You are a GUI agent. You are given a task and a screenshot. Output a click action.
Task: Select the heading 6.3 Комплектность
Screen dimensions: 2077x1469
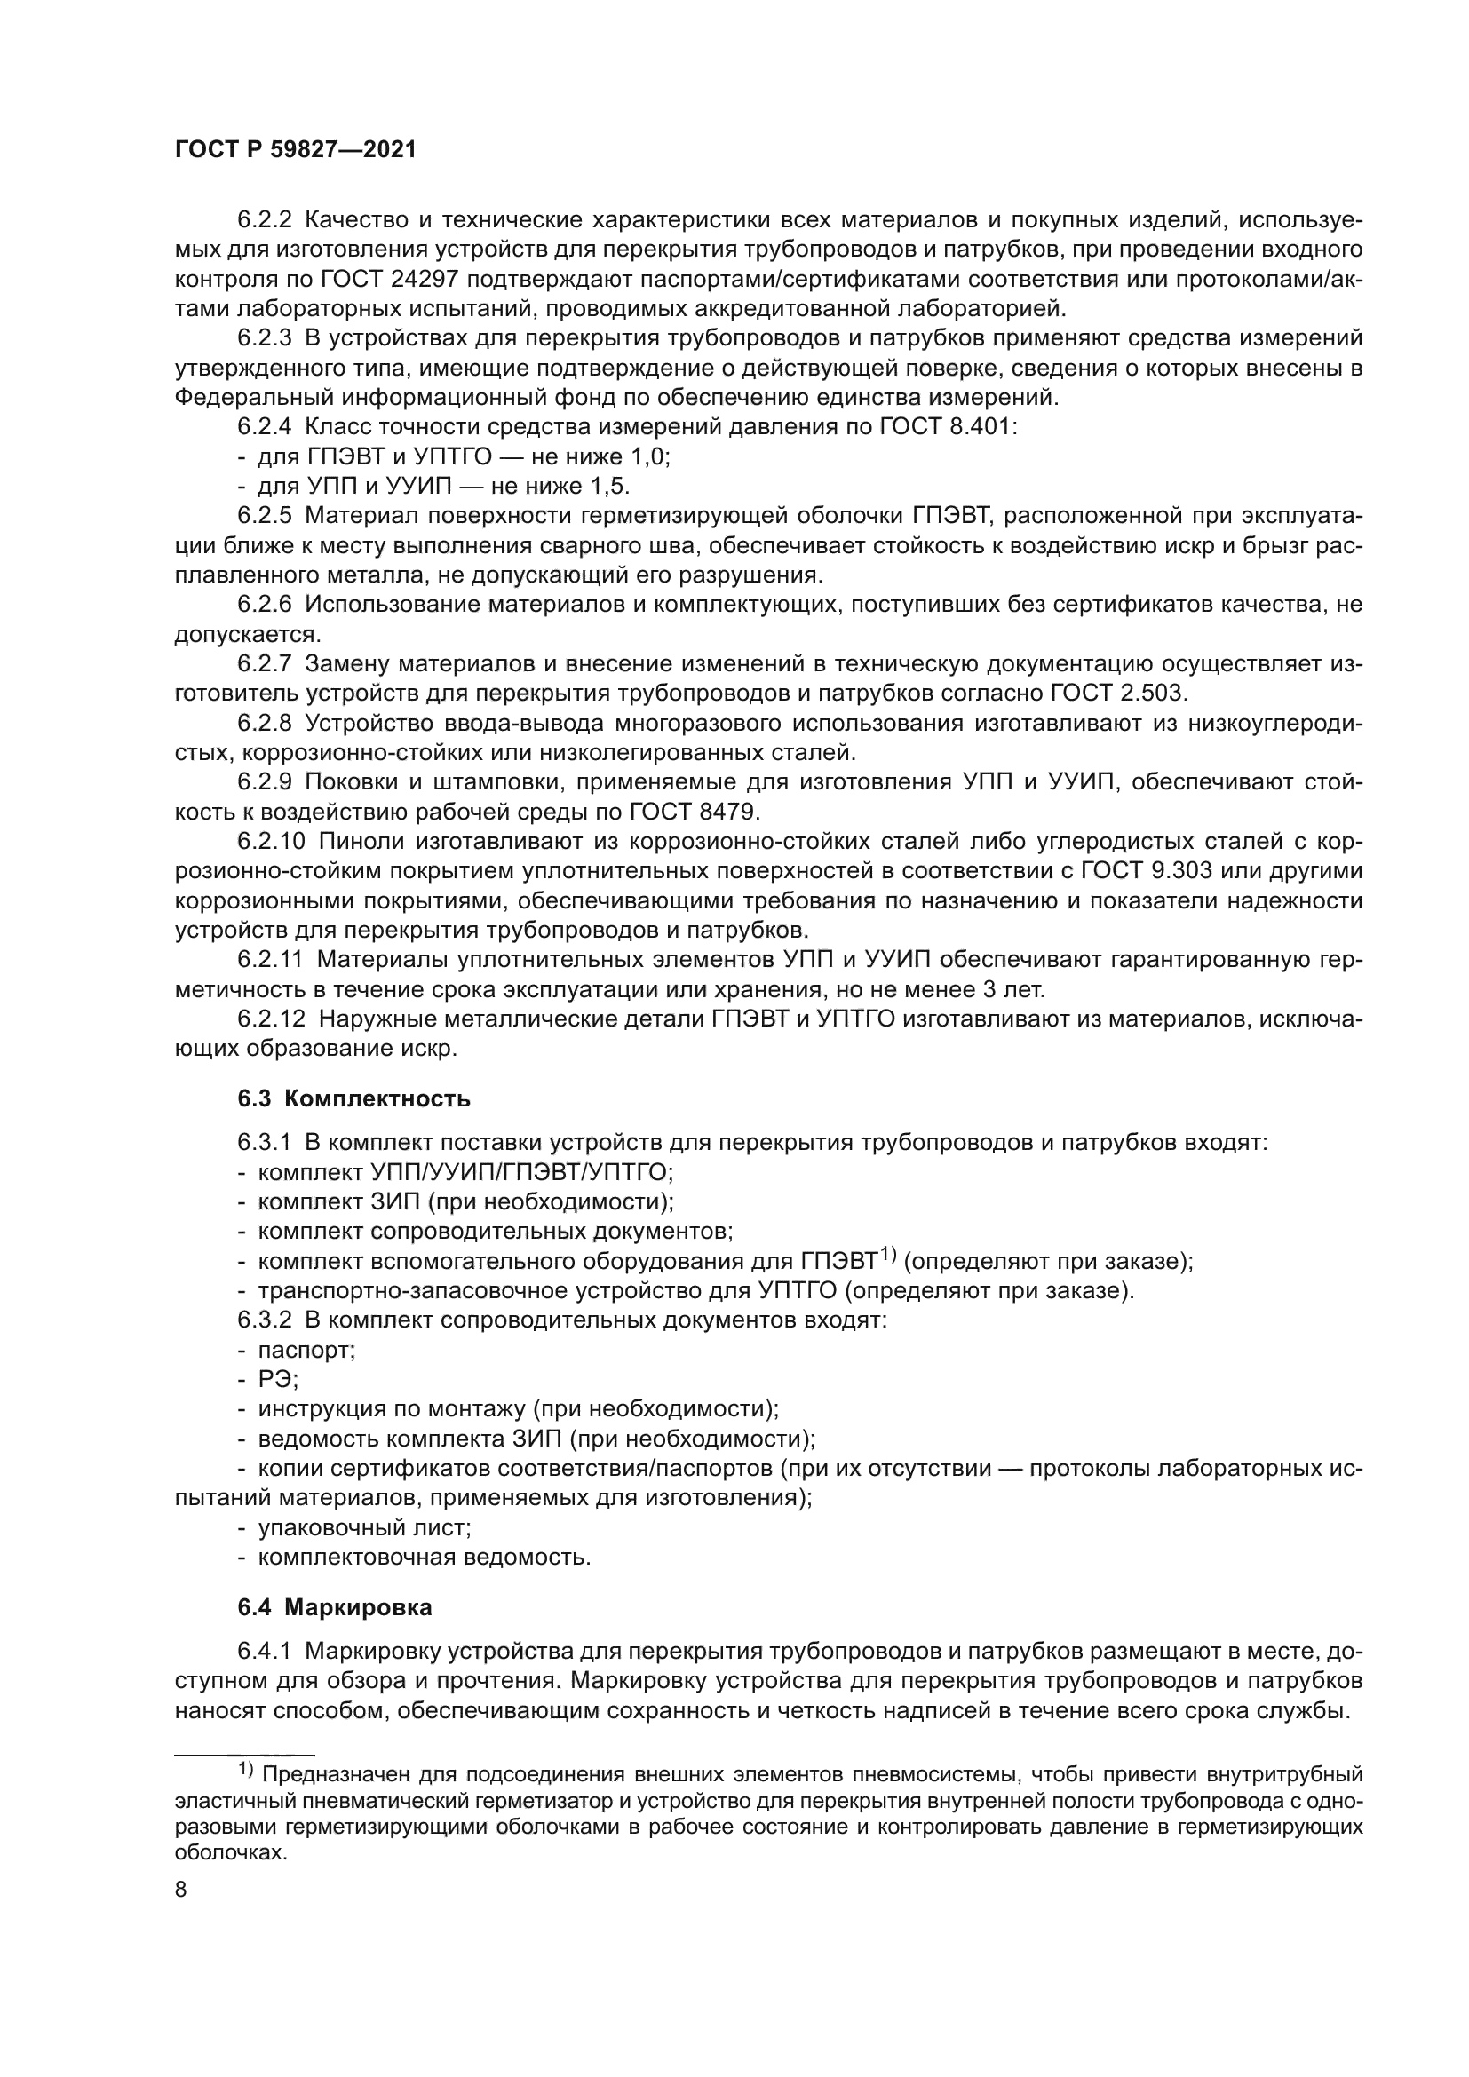tap(353, 1099)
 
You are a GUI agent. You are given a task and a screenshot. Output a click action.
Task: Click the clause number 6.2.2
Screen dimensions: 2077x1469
tap(264, 220)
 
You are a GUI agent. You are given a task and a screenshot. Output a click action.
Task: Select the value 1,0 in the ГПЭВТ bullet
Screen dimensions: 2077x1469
tap(649, 456)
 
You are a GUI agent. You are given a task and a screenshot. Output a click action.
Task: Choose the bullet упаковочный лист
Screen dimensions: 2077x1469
tap(364, 1528)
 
